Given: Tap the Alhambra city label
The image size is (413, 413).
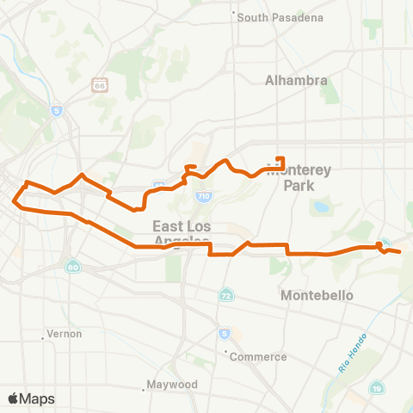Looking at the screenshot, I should coord(295,80).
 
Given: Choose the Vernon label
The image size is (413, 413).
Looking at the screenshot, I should coord(65,333).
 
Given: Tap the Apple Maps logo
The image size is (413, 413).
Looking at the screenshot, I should coord(31,398).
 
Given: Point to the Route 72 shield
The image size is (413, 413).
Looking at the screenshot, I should coord(225,295).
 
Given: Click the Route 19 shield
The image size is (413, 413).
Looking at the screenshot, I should coord(378,391).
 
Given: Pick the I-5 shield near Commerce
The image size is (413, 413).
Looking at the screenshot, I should coord(225,333).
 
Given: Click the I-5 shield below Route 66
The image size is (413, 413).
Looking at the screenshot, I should coord(57,110).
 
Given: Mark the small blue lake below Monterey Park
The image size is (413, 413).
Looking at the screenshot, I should coord(322,206).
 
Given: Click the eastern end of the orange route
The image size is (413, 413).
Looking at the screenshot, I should coord(401,251).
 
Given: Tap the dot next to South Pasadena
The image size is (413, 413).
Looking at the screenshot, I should coord(234,13).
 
